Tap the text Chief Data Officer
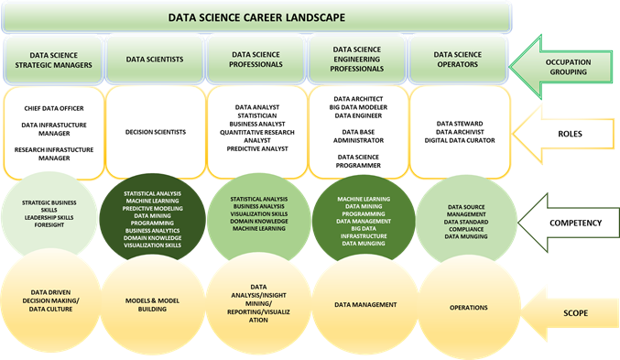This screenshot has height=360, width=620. [x=53, y=108]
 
